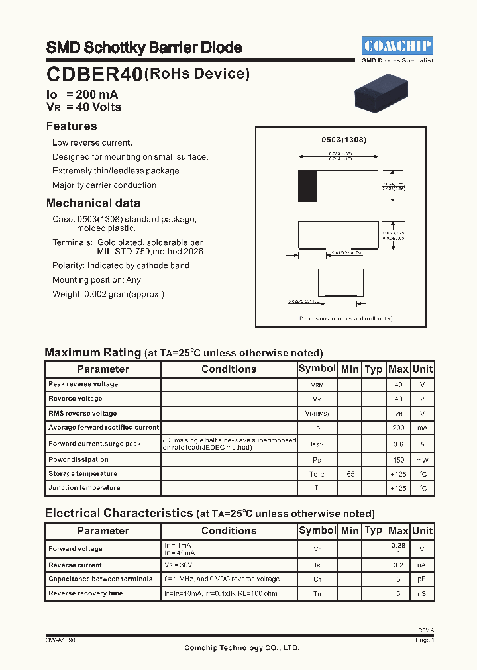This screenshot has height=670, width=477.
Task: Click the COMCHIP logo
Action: (x=397, y=46)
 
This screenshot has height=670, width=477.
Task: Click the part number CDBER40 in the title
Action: (x=94, y=75)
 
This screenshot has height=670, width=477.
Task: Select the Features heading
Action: (x=72, y=126)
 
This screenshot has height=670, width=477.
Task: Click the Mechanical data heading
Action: (x=93, y=203)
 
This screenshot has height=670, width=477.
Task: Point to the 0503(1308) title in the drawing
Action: (x=344, y=140)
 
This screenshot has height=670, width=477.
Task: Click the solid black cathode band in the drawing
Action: (x=307, y=186)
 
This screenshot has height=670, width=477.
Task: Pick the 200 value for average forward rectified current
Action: (x=398, y=428)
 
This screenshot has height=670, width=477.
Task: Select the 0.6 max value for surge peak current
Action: (x=398, y=444)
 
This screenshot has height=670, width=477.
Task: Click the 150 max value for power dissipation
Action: (x=398, y=460)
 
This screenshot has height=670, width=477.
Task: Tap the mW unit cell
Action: (x=422, y=460)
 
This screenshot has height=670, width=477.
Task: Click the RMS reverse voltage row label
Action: (x=83, y=413)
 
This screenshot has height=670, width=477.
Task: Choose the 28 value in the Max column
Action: (x=398, y=413)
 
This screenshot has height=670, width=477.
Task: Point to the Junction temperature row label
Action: (x=84, y=488)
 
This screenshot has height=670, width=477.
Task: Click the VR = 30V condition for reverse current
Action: (x=179, y=565)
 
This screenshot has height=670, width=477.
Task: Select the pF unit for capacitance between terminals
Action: (x=422, y=579)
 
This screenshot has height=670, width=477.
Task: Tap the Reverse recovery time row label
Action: (x=85, y=593)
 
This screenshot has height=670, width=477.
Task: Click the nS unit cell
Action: (x=422, y=594)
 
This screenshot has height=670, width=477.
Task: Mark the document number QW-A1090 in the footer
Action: (x=60, y=640)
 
